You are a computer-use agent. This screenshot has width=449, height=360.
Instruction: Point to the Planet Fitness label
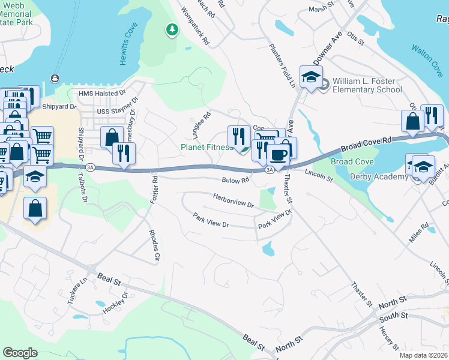point(206,147)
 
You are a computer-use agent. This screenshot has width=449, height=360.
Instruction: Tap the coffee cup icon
point(277,155)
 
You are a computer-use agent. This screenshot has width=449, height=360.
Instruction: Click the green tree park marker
point(172,29)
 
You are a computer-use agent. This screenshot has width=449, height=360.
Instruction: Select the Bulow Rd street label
point(235,180)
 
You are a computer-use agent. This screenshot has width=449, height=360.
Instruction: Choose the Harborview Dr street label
point(234,200)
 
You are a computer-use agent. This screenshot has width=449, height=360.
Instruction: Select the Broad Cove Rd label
point(367,144)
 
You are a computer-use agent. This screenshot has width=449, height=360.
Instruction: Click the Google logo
point(20,353)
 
